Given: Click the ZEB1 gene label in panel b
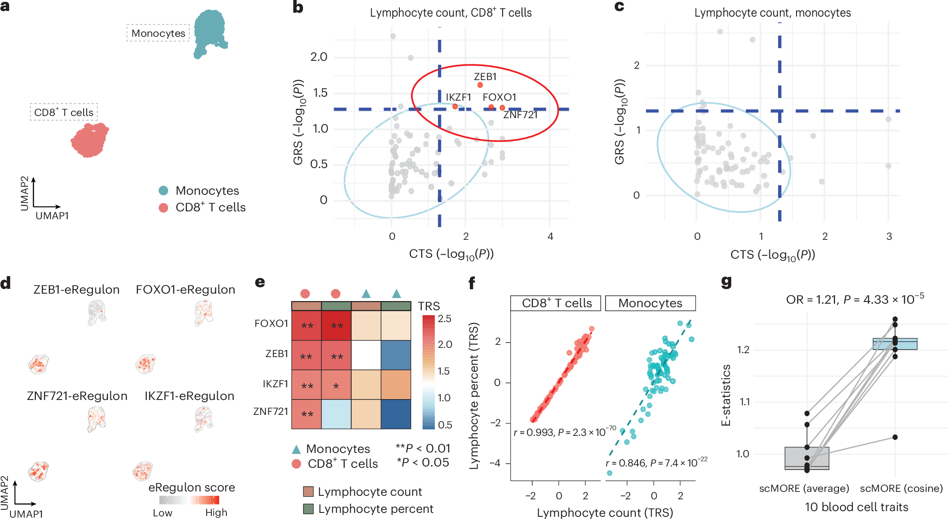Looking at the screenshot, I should point(485,77).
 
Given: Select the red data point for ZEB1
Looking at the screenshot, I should point(480,85).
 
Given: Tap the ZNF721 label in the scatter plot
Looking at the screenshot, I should point(520,115).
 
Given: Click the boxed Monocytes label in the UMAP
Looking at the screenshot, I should point(158,33).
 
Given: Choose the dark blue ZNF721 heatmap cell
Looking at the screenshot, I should point(396,414).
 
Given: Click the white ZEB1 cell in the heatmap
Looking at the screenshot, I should point(366,355).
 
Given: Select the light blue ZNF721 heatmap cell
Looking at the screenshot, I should point(336,414).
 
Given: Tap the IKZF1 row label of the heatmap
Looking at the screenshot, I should point(275,384).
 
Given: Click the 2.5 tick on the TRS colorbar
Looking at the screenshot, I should point(444,319).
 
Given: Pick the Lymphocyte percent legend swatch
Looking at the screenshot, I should point(308,509).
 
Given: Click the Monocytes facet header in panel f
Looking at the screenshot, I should point(650,303).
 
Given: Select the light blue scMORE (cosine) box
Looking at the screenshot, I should point(895,344).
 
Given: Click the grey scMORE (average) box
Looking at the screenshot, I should point(807,458).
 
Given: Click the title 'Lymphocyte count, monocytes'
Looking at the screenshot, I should point(772,13).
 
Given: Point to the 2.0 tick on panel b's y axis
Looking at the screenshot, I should point(319,57).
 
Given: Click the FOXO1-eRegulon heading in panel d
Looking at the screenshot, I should point(185,290).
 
